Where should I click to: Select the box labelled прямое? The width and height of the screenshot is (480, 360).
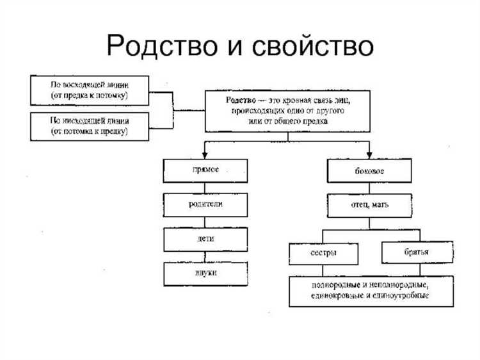(205, 170)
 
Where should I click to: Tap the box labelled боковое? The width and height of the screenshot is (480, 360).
(369, 171)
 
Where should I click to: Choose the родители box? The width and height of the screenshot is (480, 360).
(205, 205)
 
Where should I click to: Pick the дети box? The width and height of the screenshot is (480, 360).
(205, 239)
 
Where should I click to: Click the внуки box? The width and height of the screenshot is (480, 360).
(205, 274)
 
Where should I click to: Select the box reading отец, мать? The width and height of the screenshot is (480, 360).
(369, 205)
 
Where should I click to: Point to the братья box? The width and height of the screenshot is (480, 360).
(417, 252)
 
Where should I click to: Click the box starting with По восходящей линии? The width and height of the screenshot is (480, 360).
(90, 90)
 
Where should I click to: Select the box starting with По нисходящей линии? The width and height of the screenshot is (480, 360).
(90, 125)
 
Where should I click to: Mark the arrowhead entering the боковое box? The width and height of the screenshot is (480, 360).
(369, 154)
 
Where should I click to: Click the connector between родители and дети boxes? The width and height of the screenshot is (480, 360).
(205, 222)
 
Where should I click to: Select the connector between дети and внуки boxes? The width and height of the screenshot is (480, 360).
(205, 256)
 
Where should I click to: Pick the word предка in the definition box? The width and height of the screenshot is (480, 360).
(317, 121)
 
